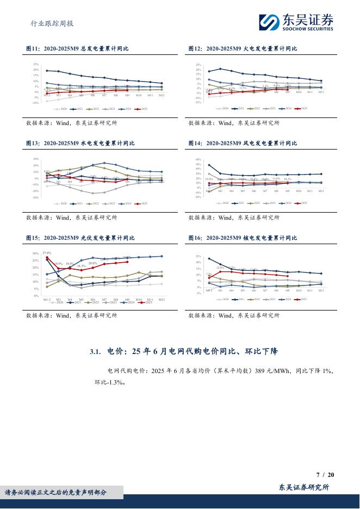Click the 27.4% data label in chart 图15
(x=47, y=253)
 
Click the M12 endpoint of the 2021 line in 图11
(x=162, y=84)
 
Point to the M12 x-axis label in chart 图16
(x=321, y=291)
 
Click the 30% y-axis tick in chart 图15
(x=35, y=254)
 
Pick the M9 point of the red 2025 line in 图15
(x=127, y=262)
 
